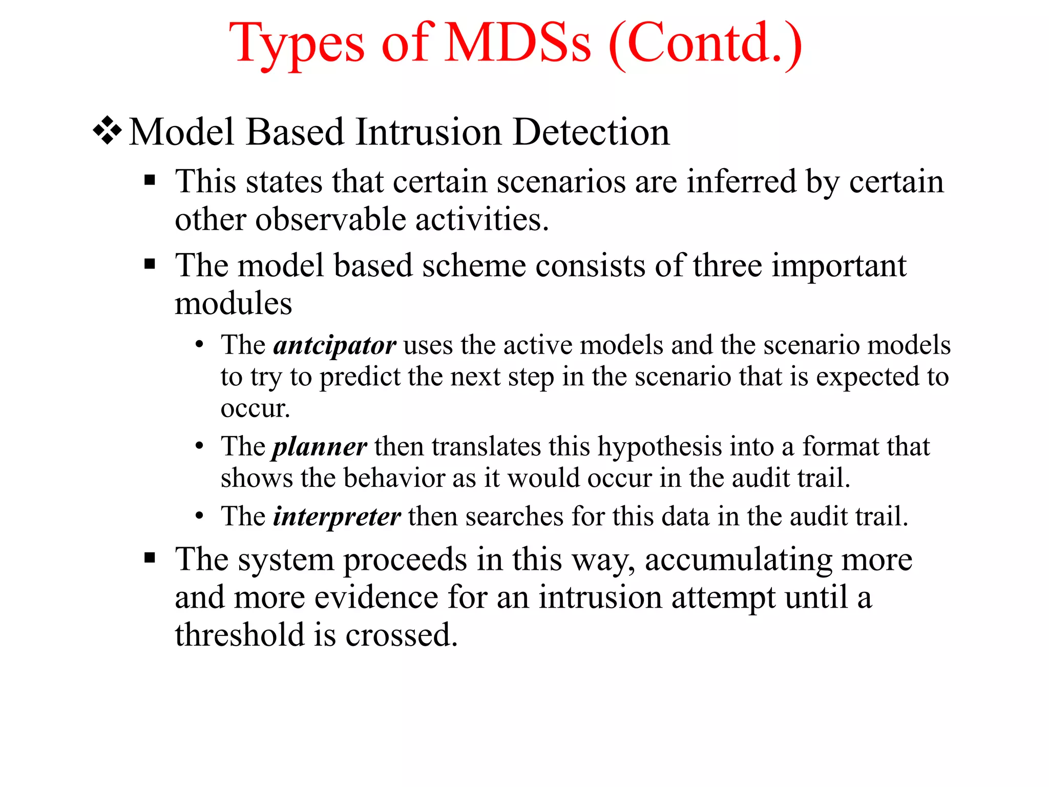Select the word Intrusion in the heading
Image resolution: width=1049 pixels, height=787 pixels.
pos(428,132)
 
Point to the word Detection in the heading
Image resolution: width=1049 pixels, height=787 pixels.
pos(591,132)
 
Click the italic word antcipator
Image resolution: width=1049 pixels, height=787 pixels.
pos(334,345)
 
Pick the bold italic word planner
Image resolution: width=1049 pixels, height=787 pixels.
pos(319,447)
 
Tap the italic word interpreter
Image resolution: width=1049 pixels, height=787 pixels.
pos(337,516)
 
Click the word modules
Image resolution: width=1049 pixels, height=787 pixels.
pos(233,303)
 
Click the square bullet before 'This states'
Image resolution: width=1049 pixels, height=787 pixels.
pos(150,180)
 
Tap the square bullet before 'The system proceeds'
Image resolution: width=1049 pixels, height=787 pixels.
pos(150,557)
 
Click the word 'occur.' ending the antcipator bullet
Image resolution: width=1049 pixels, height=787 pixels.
pos(255,409)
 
